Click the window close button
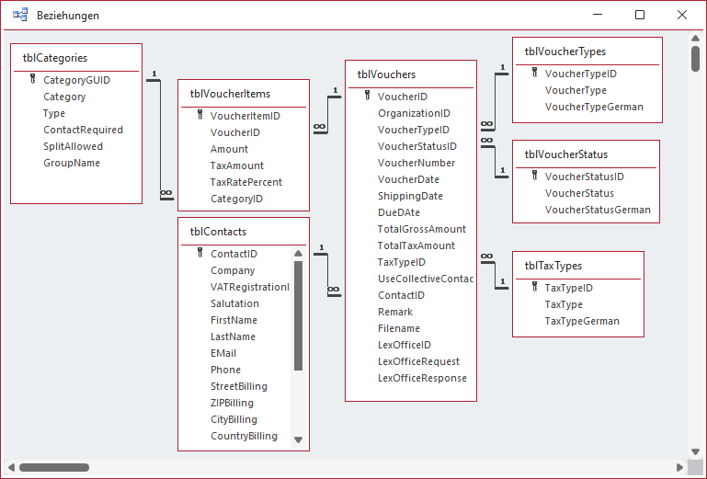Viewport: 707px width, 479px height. pos(681,15)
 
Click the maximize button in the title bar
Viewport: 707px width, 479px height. pos(640,15)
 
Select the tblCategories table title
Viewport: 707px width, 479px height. pos(55,58)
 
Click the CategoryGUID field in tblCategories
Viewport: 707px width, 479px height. pos(76,80)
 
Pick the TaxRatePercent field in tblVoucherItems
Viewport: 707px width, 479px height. pos(245,182)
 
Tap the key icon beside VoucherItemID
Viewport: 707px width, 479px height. pos(199,116)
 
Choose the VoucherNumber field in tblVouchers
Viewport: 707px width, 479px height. pos(416,163)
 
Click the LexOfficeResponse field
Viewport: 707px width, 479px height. pos(422,378)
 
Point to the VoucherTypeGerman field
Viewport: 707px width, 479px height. pos(594,107)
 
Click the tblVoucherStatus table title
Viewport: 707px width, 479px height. pos(565,154)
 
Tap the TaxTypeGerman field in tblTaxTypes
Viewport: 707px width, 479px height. pos(582,321)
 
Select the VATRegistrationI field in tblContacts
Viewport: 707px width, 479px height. pos(249,287)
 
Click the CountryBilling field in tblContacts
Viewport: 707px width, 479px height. pos(244,436)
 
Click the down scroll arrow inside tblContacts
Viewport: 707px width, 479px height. pos(298,439)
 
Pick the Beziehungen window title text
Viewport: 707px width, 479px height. pos(68,16)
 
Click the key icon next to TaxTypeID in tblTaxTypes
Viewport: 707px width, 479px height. pos(533,288)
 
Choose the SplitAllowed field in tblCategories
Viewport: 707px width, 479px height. pos(73,146)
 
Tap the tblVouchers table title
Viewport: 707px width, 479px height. pos(386,74)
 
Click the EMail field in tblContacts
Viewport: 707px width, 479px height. pos(223,353)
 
